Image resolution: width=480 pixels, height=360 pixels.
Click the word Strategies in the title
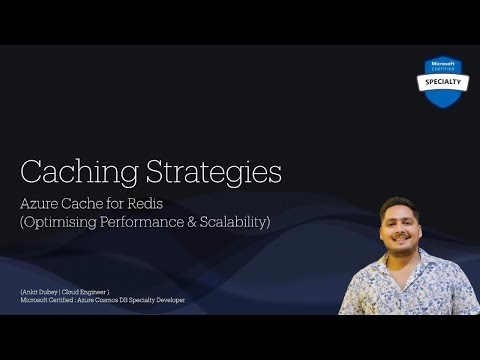(x=206, y=171)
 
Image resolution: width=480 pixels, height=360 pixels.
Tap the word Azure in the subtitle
(x=39, y=203)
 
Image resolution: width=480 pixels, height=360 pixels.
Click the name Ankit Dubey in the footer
(x=42, y=291)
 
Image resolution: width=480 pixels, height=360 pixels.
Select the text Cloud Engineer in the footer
(x=93, y=291)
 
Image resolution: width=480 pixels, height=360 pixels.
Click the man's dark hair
(x=398, y=204)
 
